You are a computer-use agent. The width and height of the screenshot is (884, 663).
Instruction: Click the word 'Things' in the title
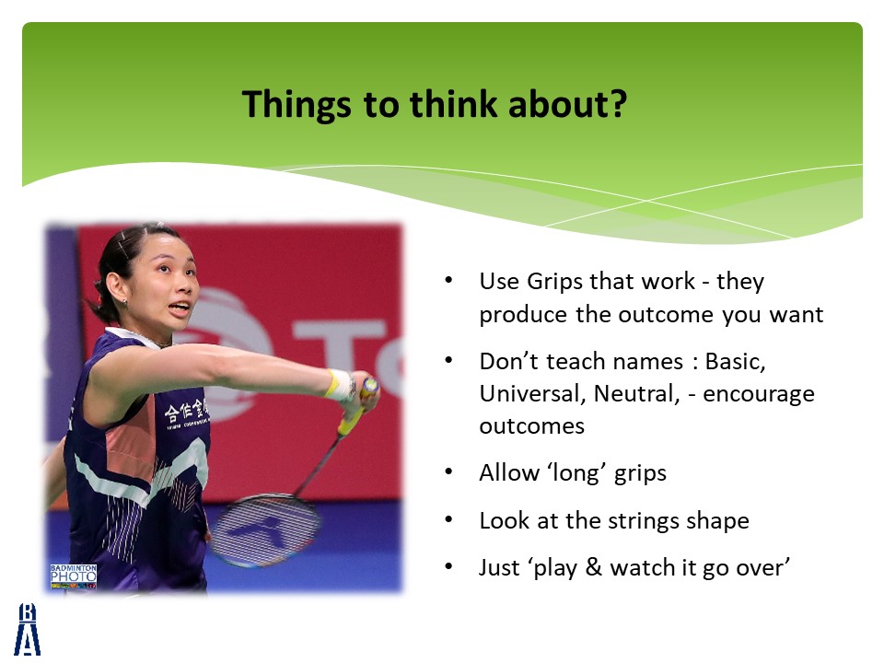tap(297, 105)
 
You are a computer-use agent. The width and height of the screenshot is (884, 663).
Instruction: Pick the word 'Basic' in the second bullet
tap(735, 361)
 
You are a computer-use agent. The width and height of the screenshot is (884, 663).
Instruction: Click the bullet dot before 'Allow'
tap(448, 471)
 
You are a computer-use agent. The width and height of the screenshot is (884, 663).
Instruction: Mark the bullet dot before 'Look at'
tap(448, 519)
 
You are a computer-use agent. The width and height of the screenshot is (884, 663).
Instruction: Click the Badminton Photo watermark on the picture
tap(74, 576)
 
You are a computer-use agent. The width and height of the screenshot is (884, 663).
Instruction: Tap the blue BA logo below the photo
tap(27, 629)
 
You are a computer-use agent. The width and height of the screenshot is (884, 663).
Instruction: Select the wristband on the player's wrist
tap(340, 385)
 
